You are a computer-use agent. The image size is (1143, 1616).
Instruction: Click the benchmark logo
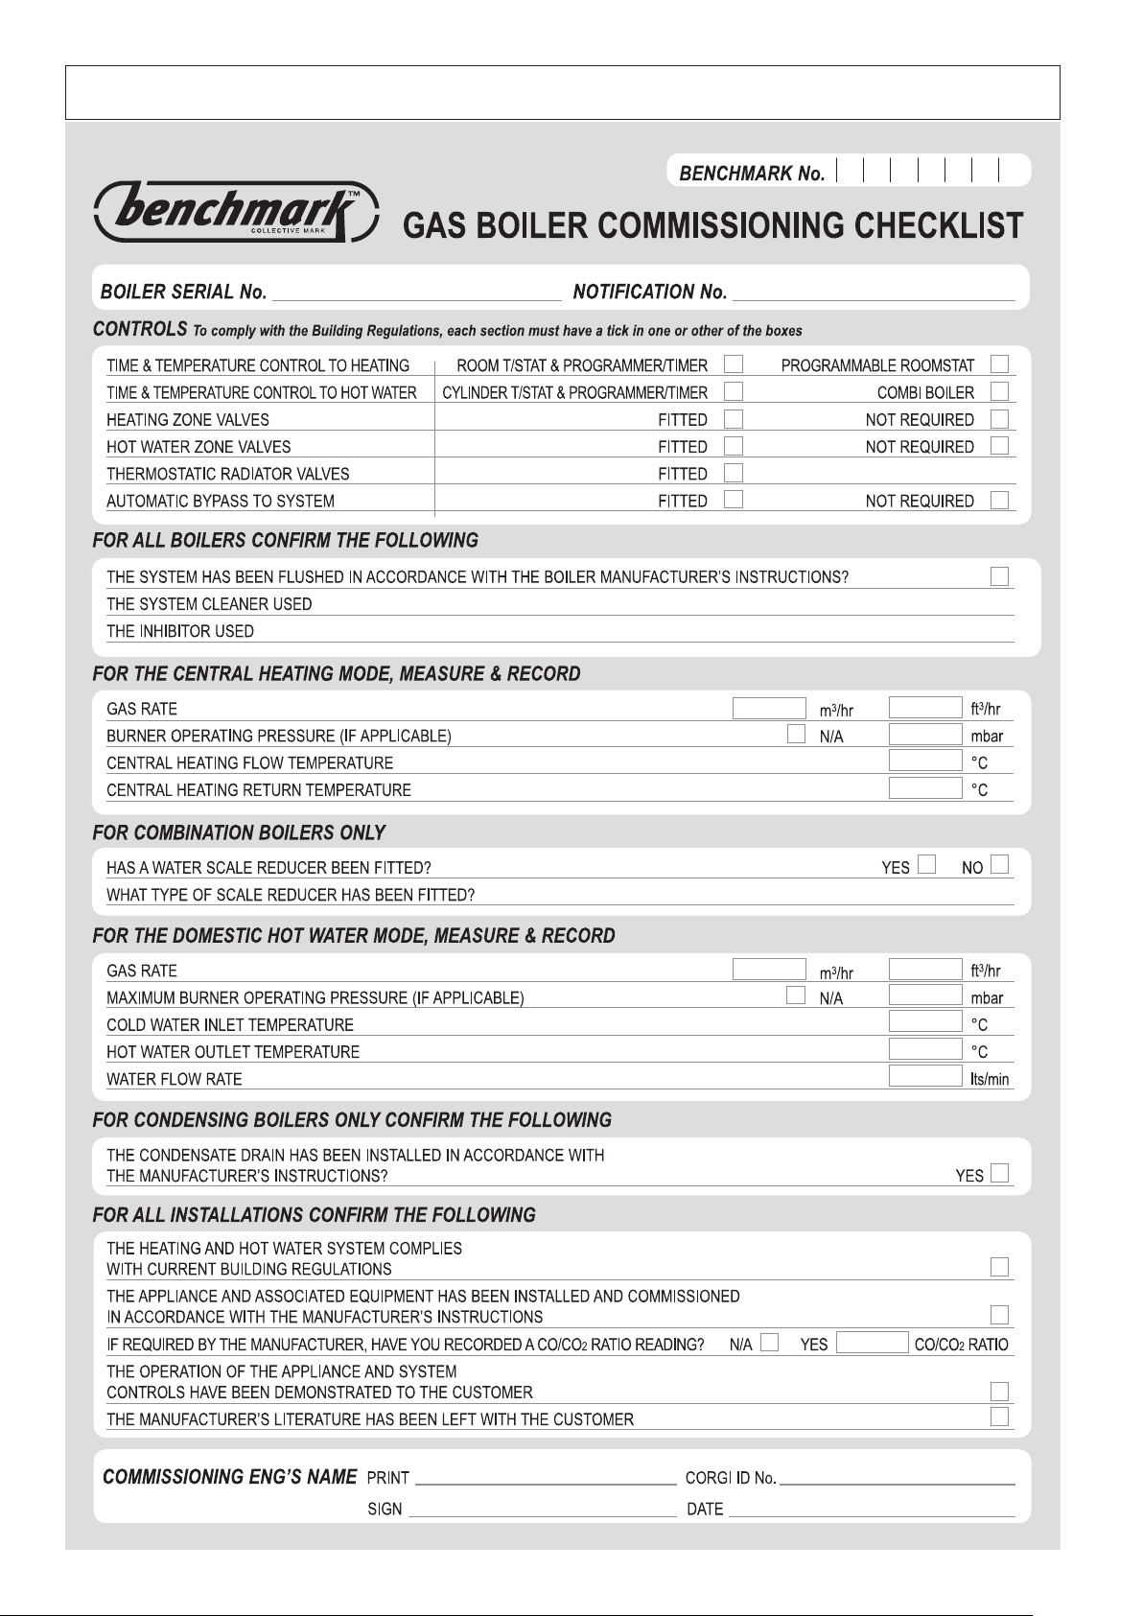tap(236, 210)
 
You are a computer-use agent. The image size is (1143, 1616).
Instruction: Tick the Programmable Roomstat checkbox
tap(1000, 364)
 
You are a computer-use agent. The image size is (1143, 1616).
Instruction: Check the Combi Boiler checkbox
tap(1000, 391)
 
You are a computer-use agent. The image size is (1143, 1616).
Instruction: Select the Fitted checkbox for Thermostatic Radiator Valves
tap(734, 473)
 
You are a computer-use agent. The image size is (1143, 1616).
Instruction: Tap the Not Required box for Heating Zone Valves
tap(1000, 419)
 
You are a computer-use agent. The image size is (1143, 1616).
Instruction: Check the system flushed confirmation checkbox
tap(1000, 576)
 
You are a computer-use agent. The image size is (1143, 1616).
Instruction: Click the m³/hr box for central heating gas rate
tap(769, 709)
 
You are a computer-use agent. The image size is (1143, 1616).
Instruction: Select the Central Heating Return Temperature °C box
tap(924, 789)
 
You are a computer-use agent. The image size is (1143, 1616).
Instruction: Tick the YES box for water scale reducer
tap(926, 865)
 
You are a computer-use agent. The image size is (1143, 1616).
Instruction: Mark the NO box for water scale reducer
tap(1000, 865)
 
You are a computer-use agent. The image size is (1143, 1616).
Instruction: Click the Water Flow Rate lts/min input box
tap(924, 1076)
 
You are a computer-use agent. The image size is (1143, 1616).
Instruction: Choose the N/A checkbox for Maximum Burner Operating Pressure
tap(796, 995)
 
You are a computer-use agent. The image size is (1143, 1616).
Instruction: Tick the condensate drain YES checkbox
tap(1000, 1173)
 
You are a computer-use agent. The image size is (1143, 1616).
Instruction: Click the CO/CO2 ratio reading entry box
tap(872, 1343)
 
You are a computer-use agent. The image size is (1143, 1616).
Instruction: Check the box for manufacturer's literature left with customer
tap(1000, 1417)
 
